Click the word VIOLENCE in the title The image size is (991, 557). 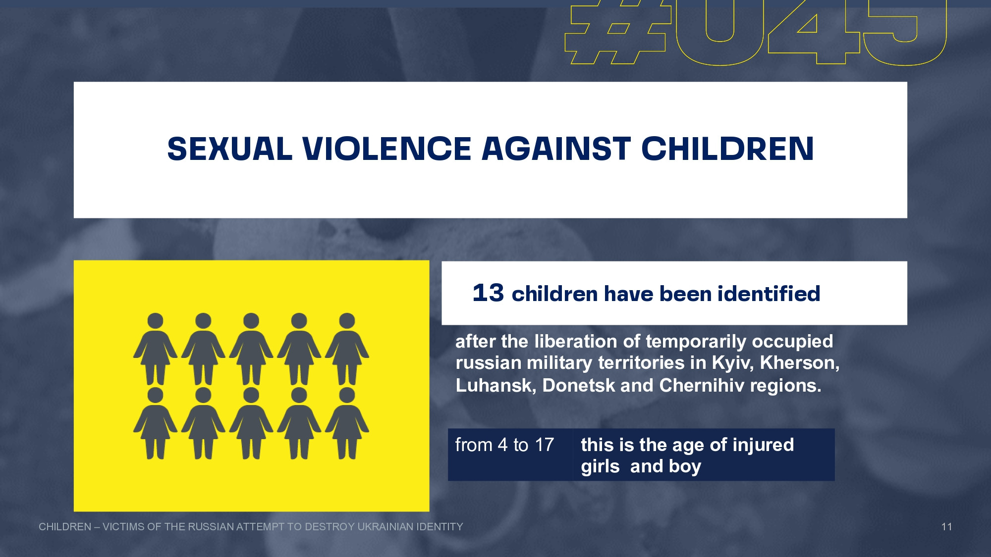pyautogui.click(x=386, y=149)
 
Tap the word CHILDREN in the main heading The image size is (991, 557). pyautogui.click(x=727, y=149)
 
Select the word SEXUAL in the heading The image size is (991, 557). pyautogui.click(x=230, y=149)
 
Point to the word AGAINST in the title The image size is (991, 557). pyautogui.click(x=556, y=149)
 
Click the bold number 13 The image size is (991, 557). pyautogui.click(x=488, y=293)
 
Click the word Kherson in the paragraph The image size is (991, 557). pyautogui.click(x=799, y=363)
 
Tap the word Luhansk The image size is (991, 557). pyautogui.click(x=496, y=386)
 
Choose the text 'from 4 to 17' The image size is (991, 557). pyautogui.click(x=504, y=445)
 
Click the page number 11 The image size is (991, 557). pyautogui.click(x=946, y=527)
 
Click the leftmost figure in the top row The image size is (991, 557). pyautogui.click(x=155, y=349)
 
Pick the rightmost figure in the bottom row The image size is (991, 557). pyautogui.click(x=347, y=423)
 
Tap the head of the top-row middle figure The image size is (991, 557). pyautogui.click(x=251, y=321)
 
